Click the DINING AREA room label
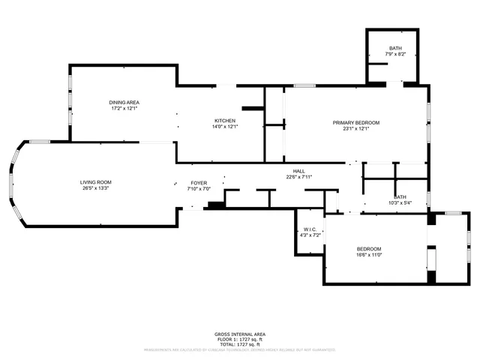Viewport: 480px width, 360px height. (x=124, y=102)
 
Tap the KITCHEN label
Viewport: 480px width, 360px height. (x=225, y=121)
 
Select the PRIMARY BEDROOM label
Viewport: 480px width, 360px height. (x=356, y=122)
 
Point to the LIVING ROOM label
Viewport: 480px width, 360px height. (x=96, y=182)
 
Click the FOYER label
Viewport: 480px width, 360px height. (x=199, y=183)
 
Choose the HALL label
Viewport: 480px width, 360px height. (x=298, y=171)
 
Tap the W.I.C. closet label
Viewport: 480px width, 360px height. (x=310, y=229)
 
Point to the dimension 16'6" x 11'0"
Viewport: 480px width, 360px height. (x=369, y=255)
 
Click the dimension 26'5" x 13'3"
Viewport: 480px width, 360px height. (x=96, y=188)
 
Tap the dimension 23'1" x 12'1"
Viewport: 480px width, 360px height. (x=356, y=128)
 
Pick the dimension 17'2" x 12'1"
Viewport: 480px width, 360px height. (x=124, y=108)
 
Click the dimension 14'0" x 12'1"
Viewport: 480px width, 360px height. (x=225, y=127)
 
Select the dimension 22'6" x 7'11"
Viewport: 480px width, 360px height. (x=298, y=177)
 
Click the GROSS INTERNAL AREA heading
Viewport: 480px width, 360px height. (x=239, y=334)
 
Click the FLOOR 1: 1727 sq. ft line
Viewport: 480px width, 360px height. (x=239, y=339)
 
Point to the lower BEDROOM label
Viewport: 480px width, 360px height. (x=369, y=249)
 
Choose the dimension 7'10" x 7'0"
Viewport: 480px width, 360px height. (x=199, y=189)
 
